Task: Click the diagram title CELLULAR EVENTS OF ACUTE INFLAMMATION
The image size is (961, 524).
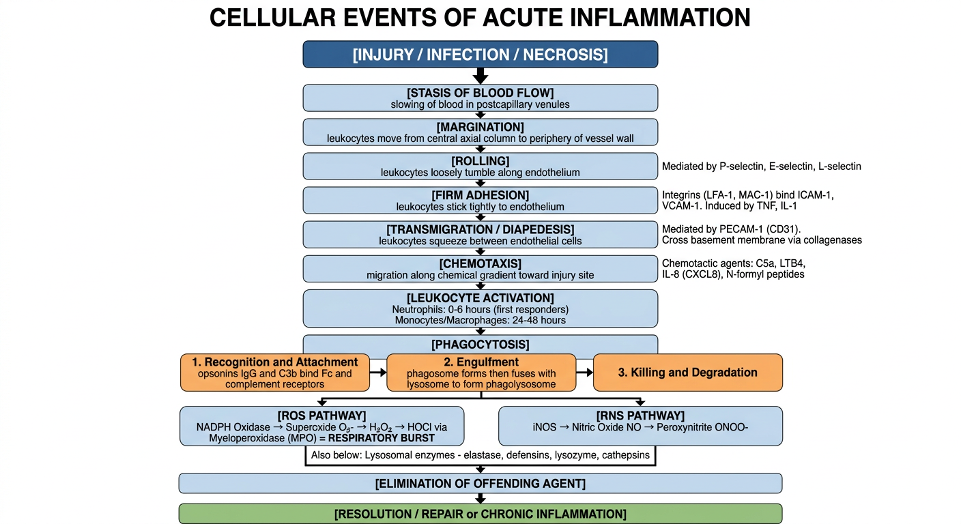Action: (480, 18)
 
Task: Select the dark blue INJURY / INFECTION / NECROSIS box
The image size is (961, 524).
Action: (480, 55)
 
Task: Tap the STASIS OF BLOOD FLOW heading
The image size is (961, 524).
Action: (480, 93)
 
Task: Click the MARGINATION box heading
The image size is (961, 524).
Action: (480, 128)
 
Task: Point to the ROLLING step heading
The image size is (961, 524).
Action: (480, 161)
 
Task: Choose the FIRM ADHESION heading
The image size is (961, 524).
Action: (480, 196)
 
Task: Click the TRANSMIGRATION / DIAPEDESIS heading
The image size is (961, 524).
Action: (480, 229)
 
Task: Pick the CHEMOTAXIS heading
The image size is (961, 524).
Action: (480, 264)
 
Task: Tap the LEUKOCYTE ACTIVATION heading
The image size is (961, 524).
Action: (480, 298)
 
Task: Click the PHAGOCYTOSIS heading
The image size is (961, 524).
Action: (480, 345)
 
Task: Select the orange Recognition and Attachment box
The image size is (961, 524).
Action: (274, 373)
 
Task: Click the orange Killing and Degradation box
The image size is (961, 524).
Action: (688, 373)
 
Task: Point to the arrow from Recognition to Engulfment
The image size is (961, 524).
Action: (378, 373)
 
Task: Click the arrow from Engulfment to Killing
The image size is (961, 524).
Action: (584, 373)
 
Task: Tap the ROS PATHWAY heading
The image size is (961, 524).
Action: (321, 416)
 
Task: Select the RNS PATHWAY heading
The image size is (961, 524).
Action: (640, 416)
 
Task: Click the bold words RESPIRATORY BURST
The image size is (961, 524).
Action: (382, 438)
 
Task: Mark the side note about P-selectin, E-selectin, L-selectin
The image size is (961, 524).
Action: (762, 166)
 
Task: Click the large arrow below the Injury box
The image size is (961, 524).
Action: (480, 76)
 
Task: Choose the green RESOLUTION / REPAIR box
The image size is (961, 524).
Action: (480, 514)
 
